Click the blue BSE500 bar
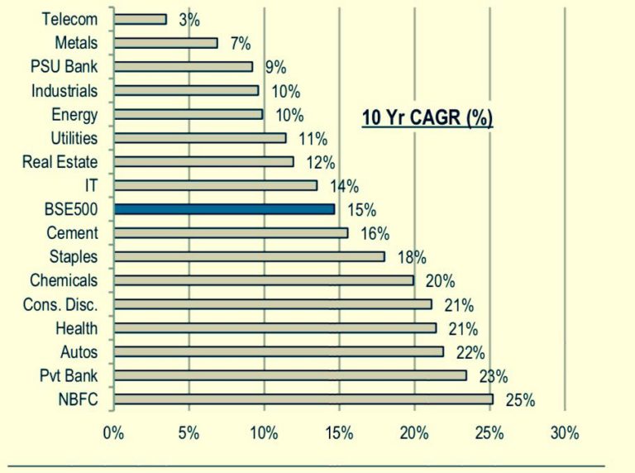pyautogui.click(x=224, y=209)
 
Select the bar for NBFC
pyautogui.click(x=303, y=399)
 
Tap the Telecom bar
pyautogui.click(x=140, y=19)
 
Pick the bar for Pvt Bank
pyautogui.click(x=290, y=375)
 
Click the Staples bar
pyautogui.click(x=249, y=256)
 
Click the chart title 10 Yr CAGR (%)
pyautogui.click(x=427, y=117)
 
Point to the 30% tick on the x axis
pyautogui.click(x=565, y=432)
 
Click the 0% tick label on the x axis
pyautogui.click(x=113, y=432)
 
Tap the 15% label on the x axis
pyautogui.click(x=339, y=432)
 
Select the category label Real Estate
pyautogui.click(x=60, y=161)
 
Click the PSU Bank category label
pyautogui.click(x=64, y=66)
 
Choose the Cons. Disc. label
pyautogui.click(x=60, y=305)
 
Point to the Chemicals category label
pyautogui.click(x=64, y=281)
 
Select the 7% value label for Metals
pyautogui.click(x=241, y=44)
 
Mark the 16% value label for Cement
pyautogui.click(x=375, y=234)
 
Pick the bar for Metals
pyautogui.click(x=165, y=42)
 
